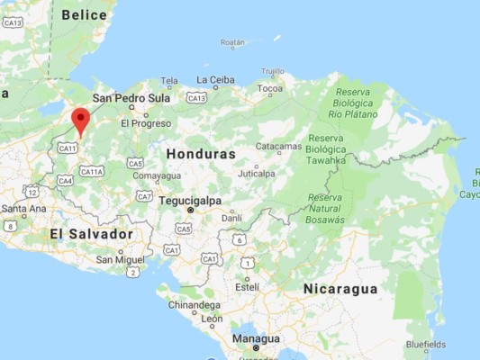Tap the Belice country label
pos(84,14)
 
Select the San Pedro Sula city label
pos(131,97)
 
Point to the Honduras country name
pos(200,154)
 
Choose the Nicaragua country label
pos(340,288)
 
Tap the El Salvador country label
pos(91,234)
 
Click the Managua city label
pos(256,338)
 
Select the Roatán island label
pos(232,42)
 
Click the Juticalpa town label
pos(256,173)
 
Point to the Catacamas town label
pos(278,146)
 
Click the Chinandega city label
pos(194,305)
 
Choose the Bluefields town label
pos(425,344)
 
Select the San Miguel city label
pos(121,259)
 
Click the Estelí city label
pos(247,286)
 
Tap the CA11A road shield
pos(92,171)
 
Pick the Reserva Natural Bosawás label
pos(326,208)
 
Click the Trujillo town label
pos(272,71)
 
